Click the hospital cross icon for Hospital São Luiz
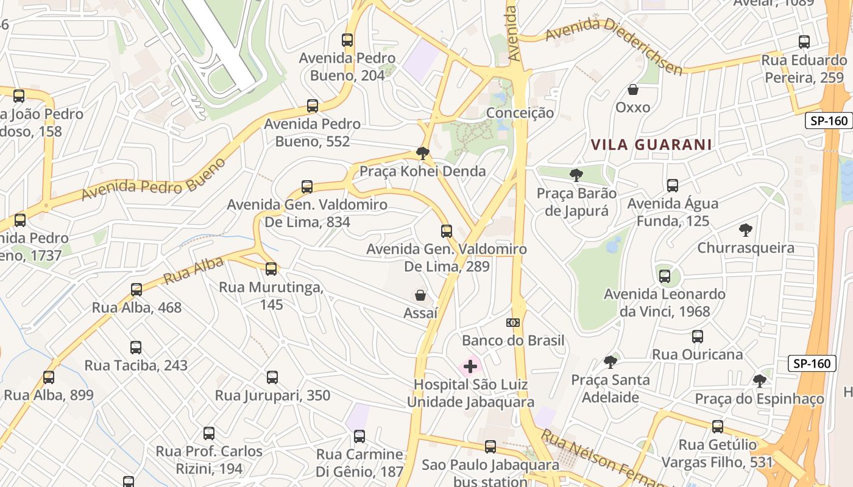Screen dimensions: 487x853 pos(470,366)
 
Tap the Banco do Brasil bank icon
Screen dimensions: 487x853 pos(513,322)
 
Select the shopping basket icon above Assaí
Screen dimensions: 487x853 pos(420,296)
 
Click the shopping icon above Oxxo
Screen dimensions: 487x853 pos(633,89)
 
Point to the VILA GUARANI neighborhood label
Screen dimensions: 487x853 pos(651,145)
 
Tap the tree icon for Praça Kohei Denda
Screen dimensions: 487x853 pos(422,153)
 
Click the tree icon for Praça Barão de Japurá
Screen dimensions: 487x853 pos(576,175)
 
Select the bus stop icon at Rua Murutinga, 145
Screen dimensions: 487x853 pos(271,269)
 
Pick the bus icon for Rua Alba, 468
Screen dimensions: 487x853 pos(136,290)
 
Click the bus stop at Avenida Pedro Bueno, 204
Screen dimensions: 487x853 pos(347,40)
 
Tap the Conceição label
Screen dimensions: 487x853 pos(520,113)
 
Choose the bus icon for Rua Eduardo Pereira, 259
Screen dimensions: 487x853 pos(804,42)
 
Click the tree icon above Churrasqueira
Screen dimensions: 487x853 pos(745,230)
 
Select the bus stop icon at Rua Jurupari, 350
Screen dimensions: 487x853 pos(272,377)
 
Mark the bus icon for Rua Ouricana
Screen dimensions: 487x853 pos(698,337)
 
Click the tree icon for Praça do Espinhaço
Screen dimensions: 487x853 pos(759,381)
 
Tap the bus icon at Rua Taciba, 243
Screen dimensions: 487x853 pos(136,348)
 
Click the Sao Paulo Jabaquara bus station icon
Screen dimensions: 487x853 pos(490,447)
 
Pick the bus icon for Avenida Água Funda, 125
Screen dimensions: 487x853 pos(673,186)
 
